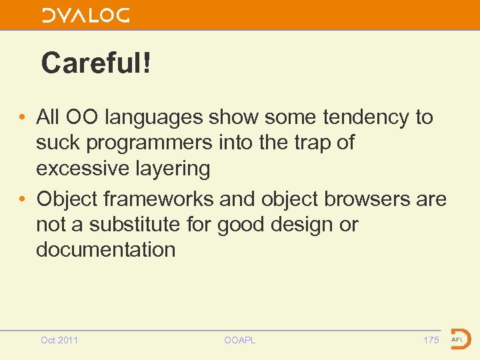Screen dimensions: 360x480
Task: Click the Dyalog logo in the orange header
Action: click(86, 15)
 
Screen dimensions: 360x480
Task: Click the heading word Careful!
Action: click(96, 64)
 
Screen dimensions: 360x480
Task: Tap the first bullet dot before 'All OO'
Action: click(23, 117)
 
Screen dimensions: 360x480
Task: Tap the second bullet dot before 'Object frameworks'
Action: click(23, 199)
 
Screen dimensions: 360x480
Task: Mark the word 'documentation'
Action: click(105, 250)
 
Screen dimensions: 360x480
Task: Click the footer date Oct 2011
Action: click(59, 340)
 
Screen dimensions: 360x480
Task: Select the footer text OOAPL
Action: click(240, 340)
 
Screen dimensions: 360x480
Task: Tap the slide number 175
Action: click(431, 340)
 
